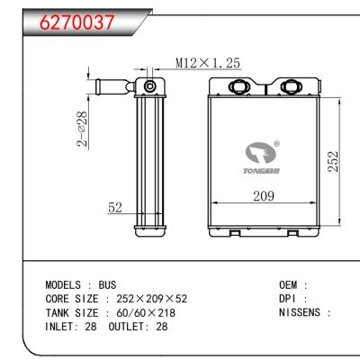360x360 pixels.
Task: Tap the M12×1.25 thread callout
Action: pyautogui.click(x=206, y=63)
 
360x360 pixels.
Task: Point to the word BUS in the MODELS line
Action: pyautogui.click(x=107, y=283)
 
